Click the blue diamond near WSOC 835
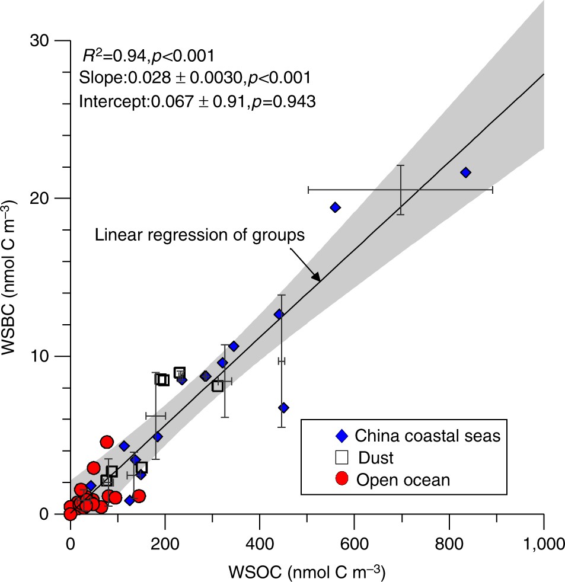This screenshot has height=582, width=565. click(x=465, y=172)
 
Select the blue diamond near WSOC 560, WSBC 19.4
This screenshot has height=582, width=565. click(x=335, y=207)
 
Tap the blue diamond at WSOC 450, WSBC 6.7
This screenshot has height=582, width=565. click(x=283, y=408)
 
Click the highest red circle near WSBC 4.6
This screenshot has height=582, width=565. click(x=107, y=442)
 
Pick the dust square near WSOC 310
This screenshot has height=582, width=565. click(x=218, y=386)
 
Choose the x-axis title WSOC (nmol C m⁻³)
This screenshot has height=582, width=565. click(x=308, y=570)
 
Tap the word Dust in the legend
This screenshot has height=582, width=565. click(x=375, y=458)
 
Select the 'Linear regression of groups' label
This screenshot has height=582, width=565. click(x=200, y=235)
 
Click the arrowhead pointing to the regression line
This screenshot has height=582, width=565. click(x=317, y=278)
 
